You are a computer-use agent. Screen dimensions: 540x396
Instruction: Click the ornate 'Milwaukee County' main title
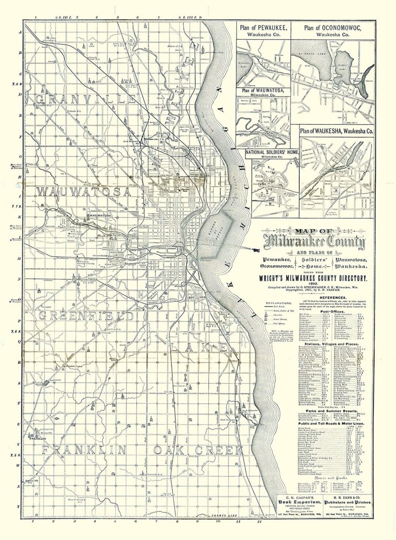pos(316,242)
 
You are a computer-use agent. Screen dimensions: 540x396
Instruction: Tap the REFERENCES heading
pos(333,298)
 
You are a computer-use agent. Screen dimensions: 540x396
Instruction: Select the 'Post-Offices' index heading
pos(331,310)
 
